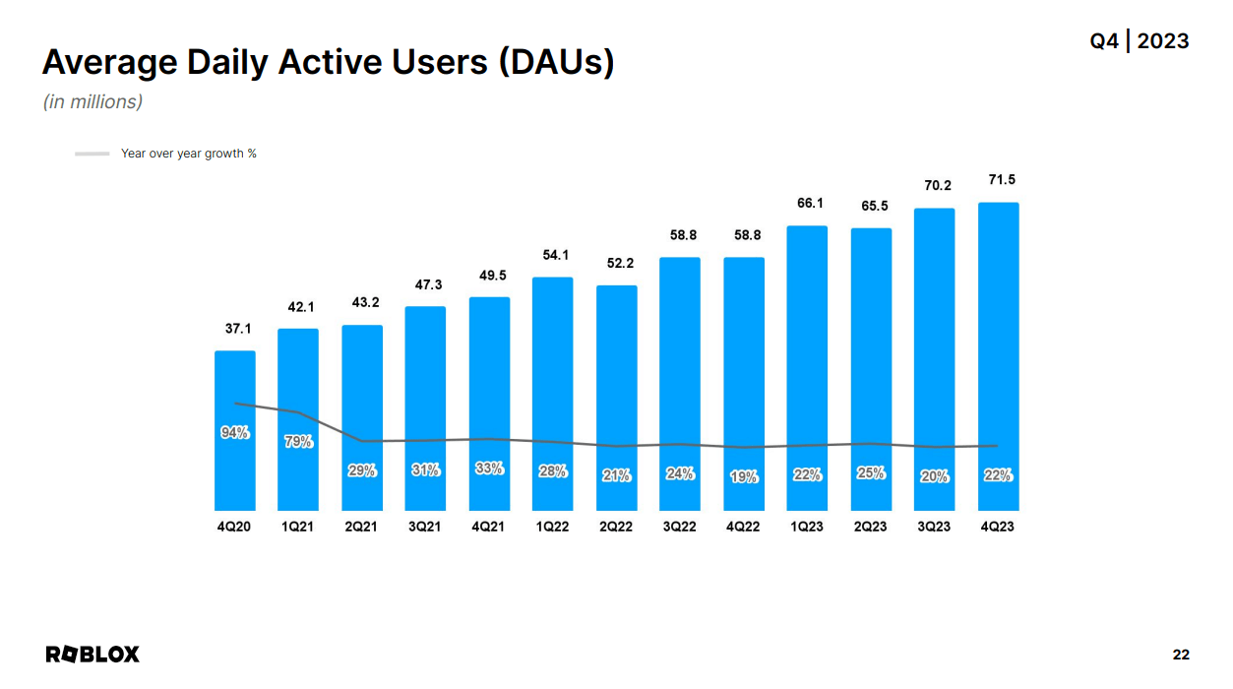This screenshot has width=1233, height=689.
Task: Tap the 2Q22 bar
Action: coord(617,398)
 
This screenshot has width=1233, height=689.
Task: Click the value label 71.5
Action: coord(1002,179)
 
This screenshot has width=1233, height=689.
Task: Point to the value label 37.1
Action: coord(235,329)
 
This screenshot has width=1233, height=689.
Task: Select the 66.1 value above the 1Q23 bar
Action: coord(810,203)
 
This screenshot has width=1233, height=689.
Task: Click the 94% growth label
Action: coord(235,432)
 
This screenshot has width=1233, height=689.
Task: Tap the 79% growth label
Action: coord(298,442)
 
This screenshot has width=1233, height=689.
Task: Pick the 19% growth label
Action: coord(744,476)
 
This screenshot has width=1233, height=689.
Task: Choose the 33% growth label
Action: coord(489,470)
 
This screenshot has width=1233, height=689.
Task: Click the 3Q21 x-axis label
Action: coord(425,527)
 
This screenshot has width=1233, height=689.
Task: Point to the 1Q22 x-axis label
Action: coord(552,527)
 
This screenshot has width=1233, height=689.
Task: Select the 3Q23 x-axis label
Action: coord(934,527)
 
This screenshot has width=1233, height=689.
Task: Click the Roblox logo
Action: coord(92,655)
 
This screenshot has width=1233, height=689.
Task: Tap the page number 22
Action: coord(1181,655)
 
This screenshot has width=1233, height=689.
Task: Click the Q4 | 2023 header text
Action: coord(1139,41)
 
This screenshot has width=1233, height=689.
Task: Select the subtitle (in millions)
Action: coord(92,101)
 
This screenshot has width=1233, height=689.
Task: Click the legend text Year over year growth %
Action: coord(188,154)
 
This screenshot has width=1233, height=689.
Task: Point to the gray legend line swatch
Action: coord(92,154)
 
